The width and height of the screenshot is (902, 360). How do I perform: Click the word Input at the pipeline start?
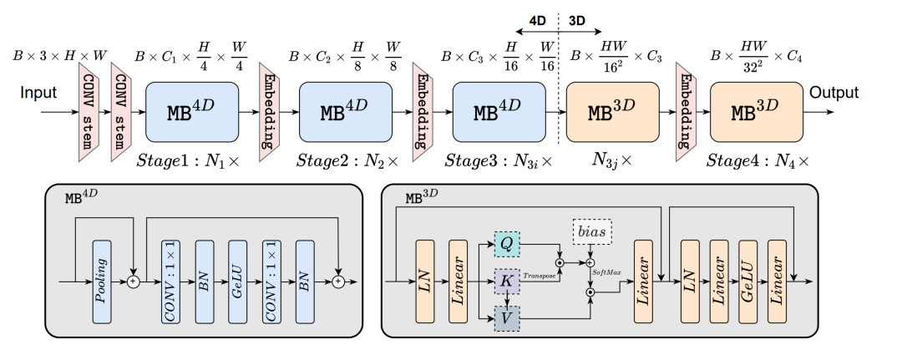click(x=38, y=93)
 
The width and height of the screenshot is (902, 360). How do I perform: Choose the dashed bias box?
click(x=591, y=228)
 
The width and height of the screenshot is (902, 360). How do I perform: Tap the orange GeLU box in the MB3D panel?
click(x=749, y=281)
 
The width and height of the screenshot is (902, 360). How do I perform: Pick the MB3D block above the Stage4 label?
click(x=755, y=111)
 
